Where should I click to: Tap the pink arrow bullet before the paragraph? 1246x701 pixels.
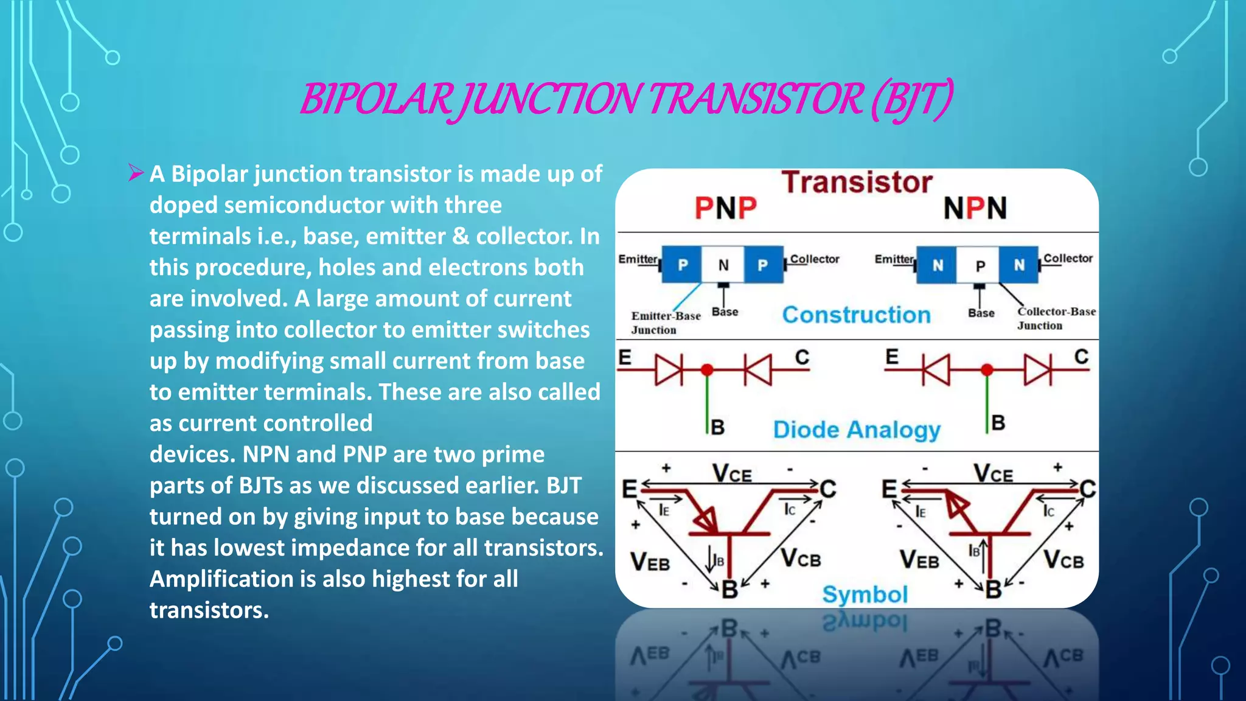(136, 173)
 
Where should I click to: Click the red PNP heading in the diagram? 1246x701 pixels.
(726, 208)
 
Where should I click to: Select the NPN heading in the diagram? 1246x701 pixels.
(975, 208)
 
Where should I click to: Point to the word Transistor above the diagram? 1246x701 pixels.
(857, 182)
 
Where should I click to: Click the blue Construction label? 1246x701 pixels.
(856, 315)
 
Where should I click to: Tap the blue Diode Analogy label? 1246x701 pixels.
(857, 430)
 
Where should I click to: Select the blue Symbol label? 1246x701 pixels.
(865, 594)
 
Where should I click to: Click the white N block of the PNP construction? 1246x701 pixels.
(723, 265)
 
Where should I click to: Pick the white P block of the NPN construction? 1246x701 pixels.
(980, 265)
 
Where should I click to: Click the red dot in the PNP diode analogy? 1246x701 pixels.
(707, 369)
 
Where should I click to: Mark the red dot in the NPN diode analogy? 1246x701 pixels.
(987, 369)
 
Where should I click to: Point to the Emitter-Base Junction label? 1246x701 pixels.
(665, 323)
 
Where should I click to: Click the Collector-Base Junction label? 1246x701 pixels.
(1056, 318)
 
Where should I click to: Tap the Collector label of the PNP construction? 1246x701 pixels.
(814, 259)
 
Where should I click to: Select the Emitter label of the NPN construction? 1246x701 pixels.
(893, 259)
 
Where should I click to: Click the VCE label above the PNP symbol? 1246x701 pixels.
(732, 473)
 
